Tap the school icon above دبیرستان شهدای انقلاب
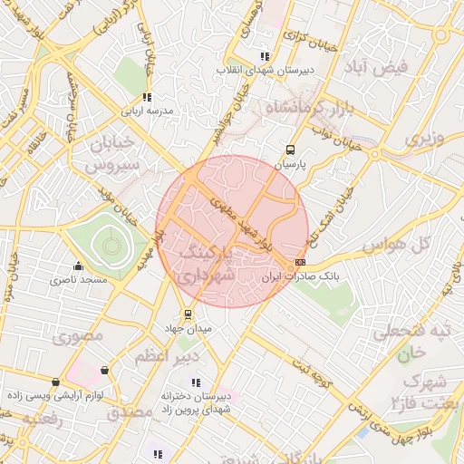[264, 56]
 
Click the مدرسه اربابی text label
[153, 111]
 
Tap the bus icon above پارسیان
[290, 150]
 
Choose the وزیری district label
[426, 140]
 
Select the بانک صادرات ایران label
[293, 277]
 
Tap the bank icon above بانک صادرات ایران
[300, 262]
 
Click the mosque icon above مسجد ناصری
[78, 266]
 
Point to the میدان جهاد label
[188, 329]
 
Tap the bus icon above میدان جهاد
[188, 314]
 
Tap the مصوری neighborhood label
[74, 338]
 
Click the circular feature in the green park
[111, 244]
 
